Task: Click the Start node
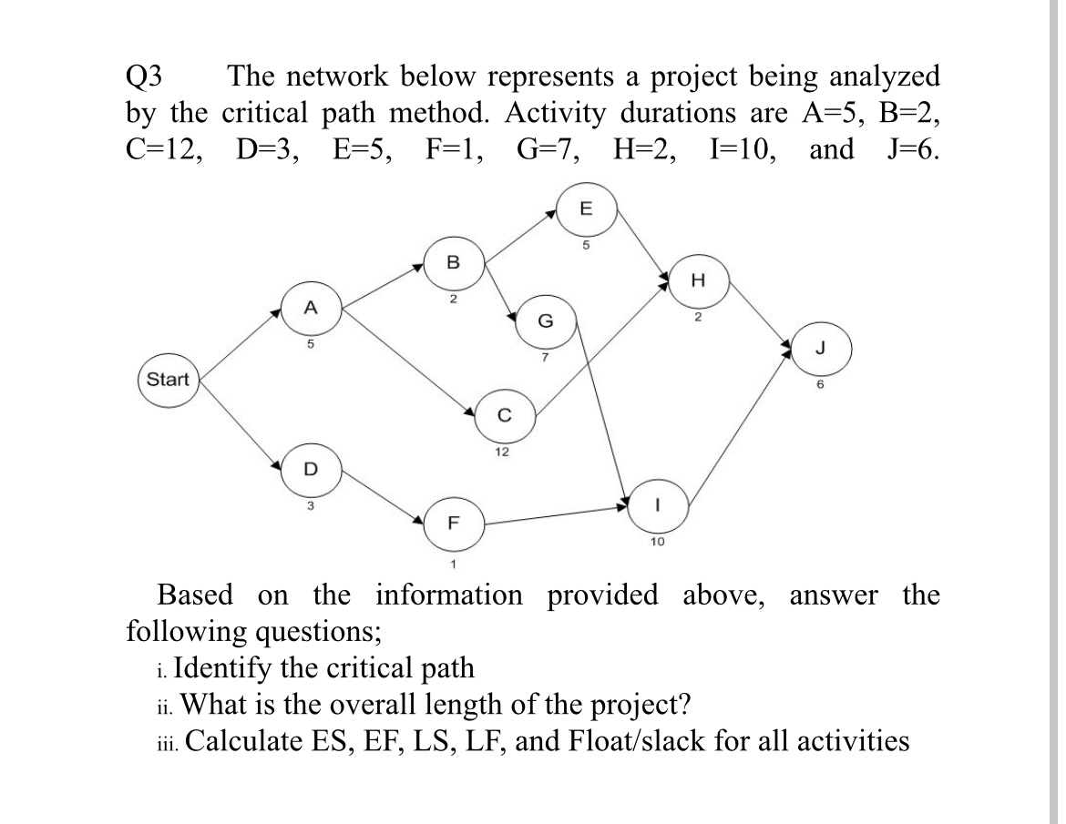(169, 380)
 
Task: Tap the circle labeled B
(453, 263)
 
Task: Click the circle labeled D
(310, 468)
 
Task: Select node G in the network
(544, 320)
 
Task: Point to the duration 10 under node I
(657, 541)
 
